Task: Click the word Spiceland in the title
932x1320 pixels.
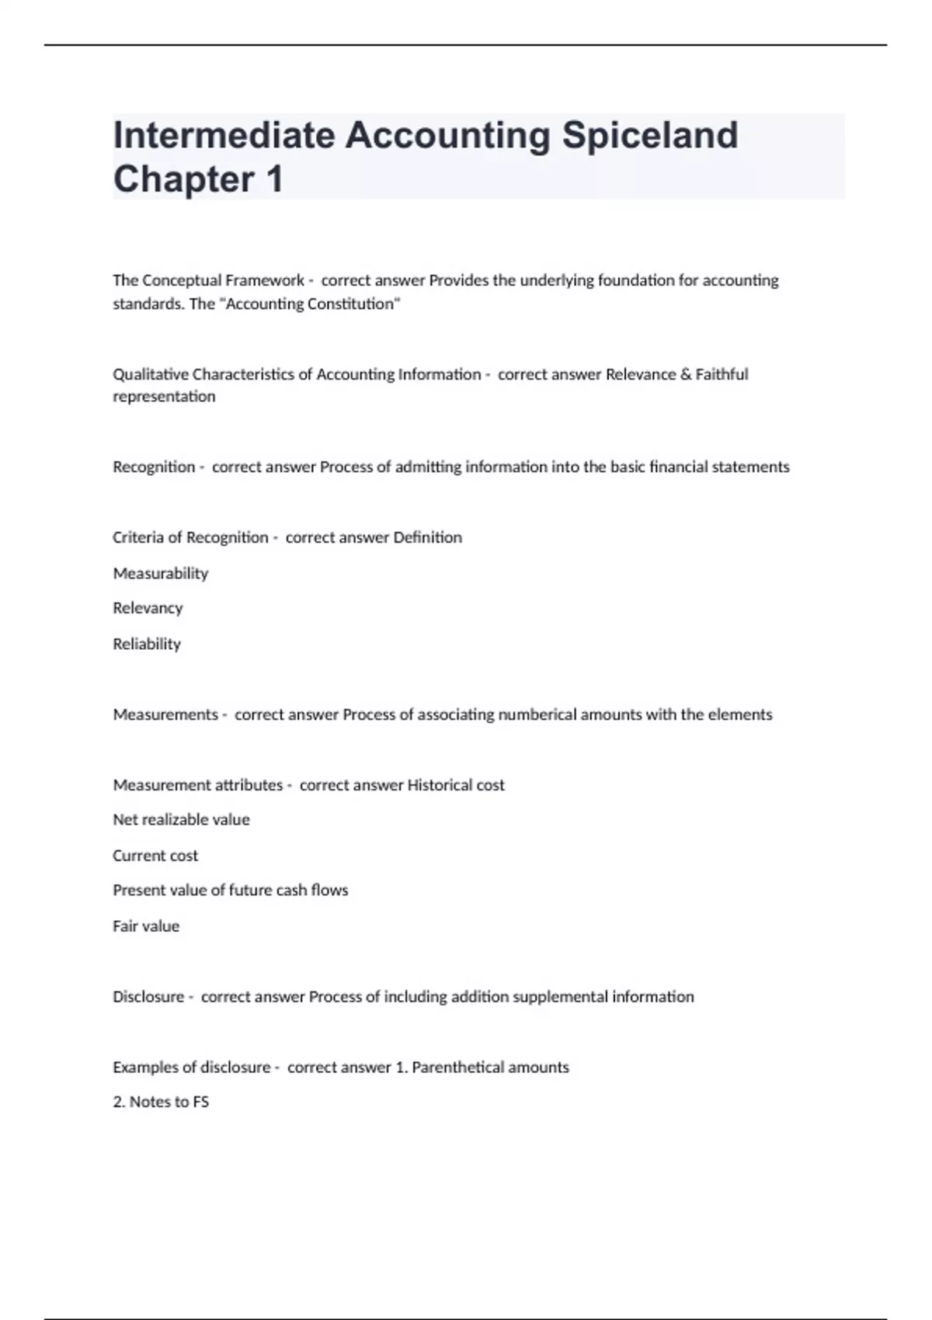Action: tap(650, 136)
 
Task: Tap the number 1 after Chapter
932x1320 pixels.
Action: tap(274, 179)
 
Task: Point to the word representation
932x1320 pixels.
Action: tap(164, 396)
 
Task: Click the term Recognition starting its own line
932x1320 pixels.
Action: tap(154, 467)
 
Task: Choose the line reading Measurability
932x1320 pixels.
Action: tap(161, 573)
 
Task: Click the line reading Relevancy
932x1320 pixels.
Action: tap(148, 608)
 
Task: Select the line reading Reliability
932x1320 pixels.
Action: tap(147, 644)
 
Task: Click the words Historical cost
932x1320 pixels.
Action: tap(456, 785)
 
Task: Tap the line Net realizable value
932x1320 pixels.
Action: tap(181, 819)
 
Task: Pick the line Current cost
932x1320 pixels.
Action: tap(155, 856)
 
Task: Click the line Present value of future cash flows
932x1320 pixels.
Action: tap(230, 890)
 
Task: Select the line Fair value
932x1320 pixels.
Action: tap(146, 926)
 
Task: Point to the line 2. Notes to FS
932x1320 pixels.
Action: tap(161, 1102)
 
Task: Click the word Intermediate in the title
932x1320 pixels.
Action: tap(224, 136)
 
